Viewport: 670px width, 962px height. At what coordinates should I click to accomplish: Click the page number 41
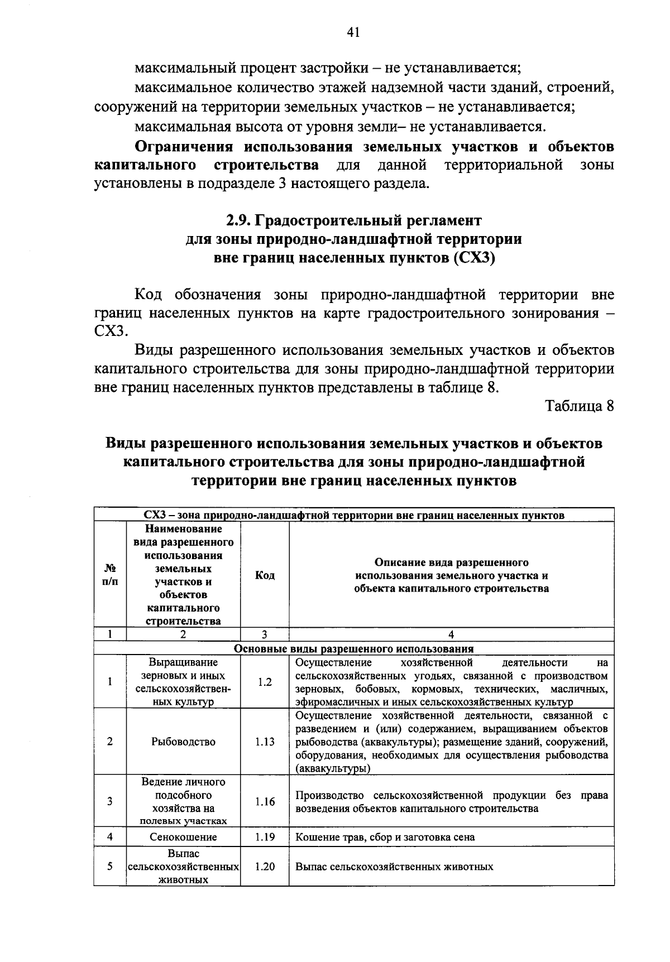click(x=353, y=33)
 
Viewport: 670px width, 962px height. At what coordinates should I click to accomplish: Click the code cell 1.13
click(x=265, y=742)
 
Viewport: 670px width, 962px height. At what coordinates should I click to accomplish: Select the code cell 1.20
click(x=265, y=867)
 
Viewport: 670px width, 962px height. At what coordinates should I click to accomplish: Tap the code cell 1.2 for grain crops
click(x=265, y=682)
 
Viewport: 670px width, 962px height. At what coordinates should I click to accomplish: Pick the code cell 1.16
click(x=265, y=801)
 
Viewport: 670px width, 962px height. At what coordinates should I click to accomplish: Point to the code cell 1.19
click(x=265, y=837)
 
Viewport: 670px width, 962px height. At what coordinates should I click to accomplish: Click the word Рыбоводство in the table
click(x=183, y=742)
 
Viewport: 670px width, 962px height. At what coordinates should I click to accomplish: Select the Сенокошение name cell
click(x=183, y=837)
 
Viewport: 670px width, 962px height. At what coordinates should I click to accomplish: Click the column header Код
click(x=265, y=575)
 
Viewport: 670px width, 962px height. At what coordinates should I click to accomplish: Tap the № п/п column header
click(x=110, y=575)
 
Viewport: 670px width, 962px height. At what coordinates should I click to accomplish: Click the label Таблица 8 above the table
click(x=579, y=406)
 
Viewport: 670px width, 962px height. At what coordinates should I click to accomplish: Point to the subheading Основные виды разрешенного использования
click(x=353, y=649)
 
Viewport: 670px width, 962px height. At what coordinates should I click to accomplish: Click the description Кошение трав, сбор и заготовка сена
click(x=385, y=837)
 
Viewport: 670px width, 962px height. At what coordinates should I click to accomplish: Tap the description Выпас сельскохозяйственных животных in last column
click(x=394, y=867)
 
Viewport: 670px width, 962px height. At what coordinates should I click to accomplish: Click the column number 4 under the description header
click(x=451, y=634)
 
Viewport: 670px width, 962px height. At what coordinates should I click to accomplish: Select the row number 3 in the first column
click(x=110, y=801)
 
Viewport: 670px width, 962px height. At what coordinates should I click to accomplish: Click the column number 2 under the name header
click(x=183, y=634)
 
